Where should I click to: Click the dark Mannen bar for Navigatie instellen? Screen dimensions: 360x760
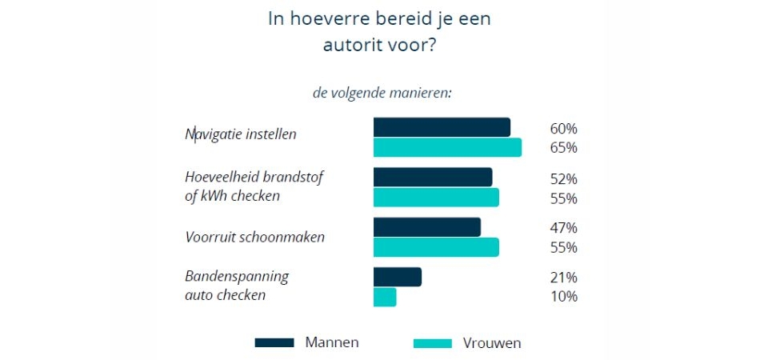coord(442,128)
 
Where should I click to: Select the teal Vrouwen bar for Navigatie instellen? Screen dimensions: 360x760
coord(447,148)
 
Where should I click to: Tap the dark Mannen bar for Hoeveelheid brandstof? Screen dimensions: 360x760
coord(433,178)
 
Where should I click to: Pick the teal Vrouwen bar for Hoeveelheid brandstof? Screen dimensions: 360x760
coord(436,198)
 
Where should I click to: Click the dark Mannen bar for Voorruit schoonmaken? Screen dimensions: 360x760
coord(427,227)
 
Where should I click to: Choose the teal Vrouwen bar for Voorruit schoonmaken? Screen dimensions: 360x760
coord(436,247)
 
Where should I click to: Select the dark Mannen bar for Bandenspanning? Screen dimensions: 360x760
coord(398,277)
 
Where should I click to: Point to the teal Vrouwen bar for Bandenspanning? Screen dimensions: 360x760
coord(385,297)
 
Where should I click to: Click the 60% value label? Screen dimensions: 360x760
coord(563,129)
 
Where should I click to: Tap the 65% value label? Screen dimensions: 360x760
coord(563,148)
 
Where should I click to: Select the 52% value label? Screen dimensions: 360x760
coord(563,178)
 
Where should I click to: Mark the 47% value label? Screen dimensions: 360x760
coord(563,228)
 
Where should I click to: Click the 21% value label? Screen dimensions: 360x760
coord(563,278)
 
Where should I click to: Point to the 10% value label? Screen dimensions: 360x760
coord(563,297)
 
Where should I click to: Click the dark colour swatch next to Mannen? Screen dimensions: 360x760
coord(274,343)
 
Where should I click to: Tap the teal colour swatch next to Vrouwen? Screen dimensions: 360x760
coord(433,343)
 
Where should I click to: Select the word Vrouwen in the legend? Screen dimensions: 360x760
coord(492,343)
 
